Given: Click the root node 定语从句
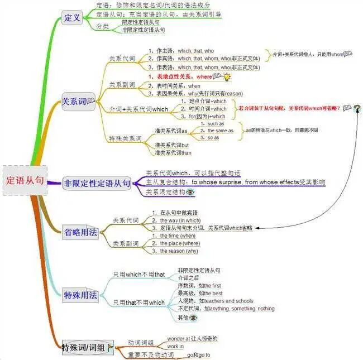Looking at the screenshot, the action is point(24,180).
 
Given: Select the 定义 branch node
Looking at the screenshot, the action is point(73,17).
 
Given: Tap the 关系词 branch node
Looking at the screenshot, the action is point(75,101).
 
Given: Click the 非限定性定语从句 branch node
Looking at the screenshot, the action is point(97,183).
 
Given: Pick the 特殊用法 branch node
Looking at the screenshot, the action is point(81,295).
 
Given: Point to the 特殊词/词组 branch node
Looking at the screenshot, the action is point(87,348).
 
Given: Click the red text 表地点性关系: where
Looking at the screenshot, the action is point(180,76).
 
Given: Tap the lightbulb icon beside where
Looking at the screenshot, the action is point(227,76).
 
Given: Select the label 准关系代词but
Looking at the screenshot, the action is point(172,145).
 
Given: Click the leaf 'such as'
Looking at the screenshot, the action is point(216,123).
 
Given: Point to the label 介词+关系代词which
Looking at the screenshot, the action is point(138,109).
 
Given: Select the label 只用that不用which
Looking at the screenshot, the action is point(139,303).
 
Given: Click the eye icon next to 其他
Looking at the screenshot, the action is point(193,318).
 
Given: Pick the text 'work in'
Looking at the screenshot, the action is point(175,347).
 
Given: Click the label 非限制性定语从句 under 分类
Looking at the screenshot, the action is point(144,30).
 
